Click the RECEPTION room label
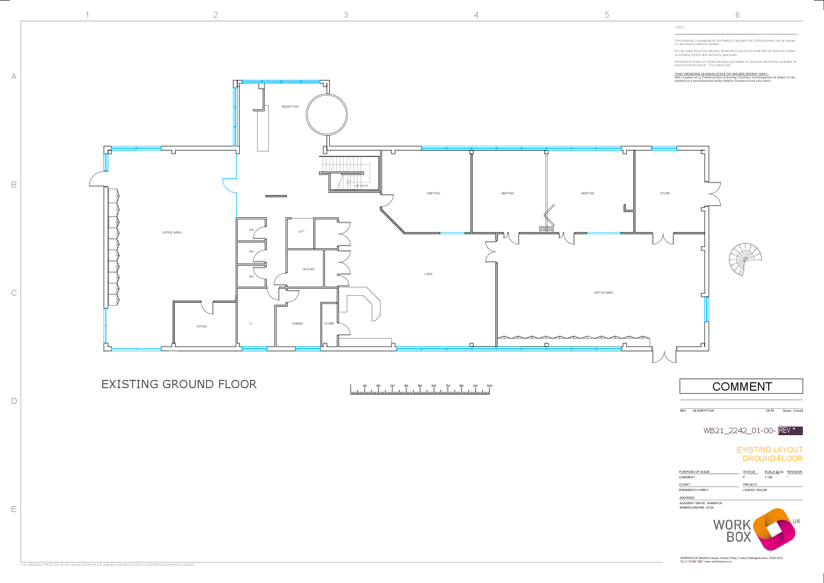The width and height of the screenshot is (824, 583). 290,107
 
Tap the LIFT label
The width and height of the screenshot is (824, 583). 301,232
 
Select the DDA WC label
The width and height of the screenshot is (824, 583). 308,269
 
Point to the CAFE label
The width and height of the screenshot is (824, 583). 429,274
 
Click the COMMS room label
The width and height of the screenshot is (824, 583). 297,324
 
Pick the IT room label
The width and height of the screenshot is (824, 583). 251,324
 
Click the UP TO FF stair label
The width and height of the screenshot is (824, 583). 362,186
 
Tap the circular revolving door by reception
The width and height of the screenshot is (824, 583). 327,114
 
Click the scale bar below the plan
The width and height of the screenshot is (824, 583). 420,390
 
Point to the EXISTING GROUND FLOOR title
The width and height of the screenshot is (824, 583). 179,384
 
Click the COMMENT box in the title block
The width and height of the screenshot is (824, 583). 741,386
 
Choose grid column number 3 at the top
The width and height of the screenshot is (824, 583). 346,15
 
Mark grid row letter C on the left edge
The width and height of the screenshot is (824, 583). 14,293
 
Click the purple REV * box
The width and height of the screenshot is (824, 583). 790,430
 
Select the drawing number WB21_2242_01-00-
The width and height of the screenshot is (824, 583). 739,431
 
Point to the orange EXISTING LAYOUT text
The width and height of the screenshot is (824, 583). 770,449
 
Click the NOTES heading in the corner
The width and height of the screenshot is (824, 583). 680,27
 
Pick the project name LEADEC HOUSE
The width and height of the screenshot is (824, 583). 755,490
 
